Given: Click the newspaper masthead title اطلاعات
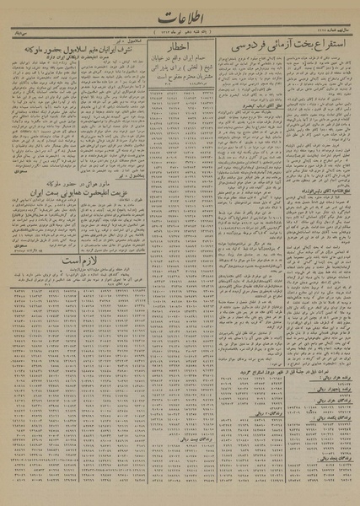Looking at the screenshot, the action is tap(180, 19).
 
